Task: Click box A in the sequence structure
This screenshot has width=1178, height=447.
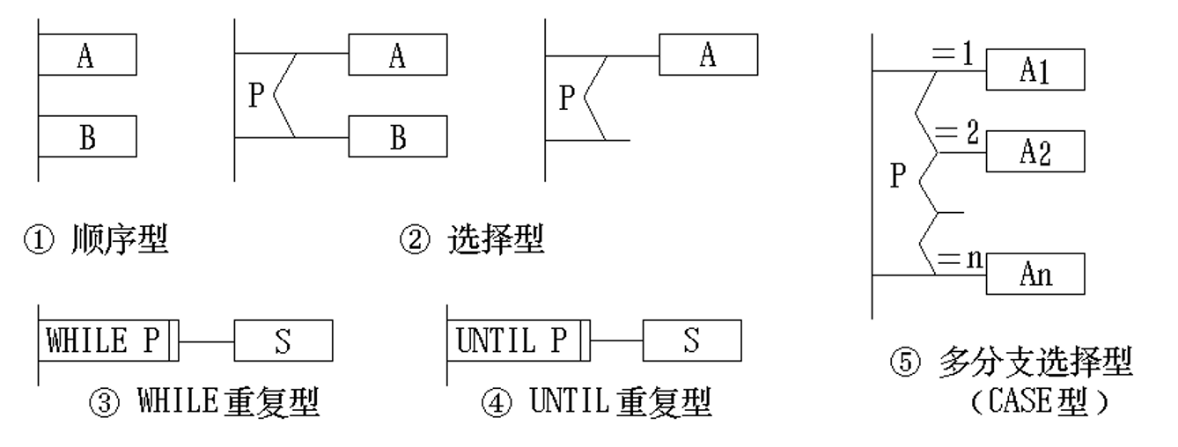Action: click(86, 56)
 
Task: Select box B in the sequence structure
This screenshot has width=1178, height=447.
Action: click(86, 136)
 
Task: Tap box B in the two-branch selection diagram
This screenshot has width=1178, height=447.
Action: click(397, 137)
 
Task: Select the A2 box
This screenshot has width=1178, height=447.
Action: click(1034, 151)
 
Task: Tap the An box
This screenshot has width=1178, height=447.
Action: click(1034, 275)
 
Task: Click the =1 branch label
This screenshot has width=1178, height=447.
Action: click(954, 56)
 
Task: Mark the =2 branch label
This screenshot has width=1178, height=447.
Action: click(954, 136)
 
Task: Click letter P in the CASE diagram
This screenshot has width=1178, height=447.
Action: click(897, 176)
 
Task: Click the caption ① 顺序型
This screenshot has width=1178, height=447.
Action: click(95, 240)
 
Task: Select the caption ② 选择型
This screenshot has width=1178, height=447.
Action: click(472, 240)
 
